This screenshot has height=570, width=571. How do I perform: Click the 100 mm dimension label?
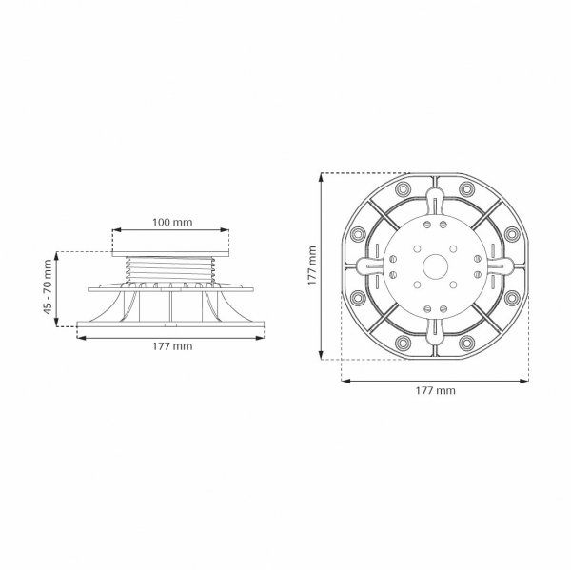[172, 222]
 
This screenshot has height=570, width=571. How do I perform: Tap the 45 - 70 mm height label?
[48, 287]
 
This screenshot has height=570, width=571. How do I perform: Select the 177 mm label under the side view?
[172, 346]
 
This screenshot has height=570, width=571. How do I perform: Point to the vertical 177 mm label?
[312, 265]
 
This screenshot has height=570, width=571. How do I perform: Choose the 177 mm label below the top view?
[435, 391]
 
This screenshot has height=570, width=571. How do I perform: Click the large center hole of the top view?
[435, 266]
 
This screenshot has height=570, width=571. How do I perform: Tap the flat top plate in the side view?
[170, 254]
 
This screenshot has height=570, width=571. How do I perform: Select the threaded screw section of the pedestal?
[170, 270]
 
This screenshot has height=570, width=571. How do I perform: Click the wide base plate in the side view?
[170, 324]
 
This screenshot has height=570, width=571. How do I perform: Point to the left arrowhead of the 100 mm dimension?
[116, 230]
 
